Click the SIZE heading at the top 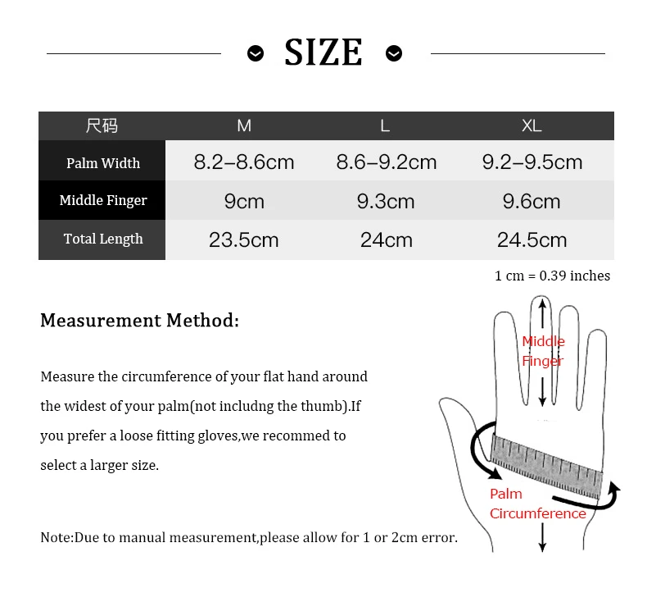tap(323, 53)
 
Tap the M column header tap(244, 125)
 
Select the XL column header tap(532, 125)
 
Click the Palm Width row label tap(103, 163)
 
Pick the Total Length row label tap(103, 239)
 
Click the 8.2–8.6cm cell tap(244, 162)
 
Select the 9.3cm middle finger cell tap(386, 201)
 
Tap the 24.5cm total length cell tap(532, 239)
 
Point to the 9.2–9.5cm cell tap(532, 162)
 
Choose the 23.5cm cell tap(244, 239)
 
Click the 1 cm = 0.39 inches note tap(552, 276)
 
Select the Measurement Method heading tap(139, 320)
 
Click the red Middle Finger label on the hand tap(543, 351)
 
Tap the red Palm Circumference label tap(537, 504)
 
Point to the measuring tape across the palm tap(545, 463)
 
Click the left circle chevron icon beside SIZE tap(256, 53)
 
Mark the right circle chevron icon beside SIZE tap(394, 53)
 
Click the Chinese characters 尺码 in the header tap(102, 125)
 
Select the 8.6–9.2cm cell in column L tap(387, 162)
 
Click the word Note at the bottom tap(57, 538)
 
